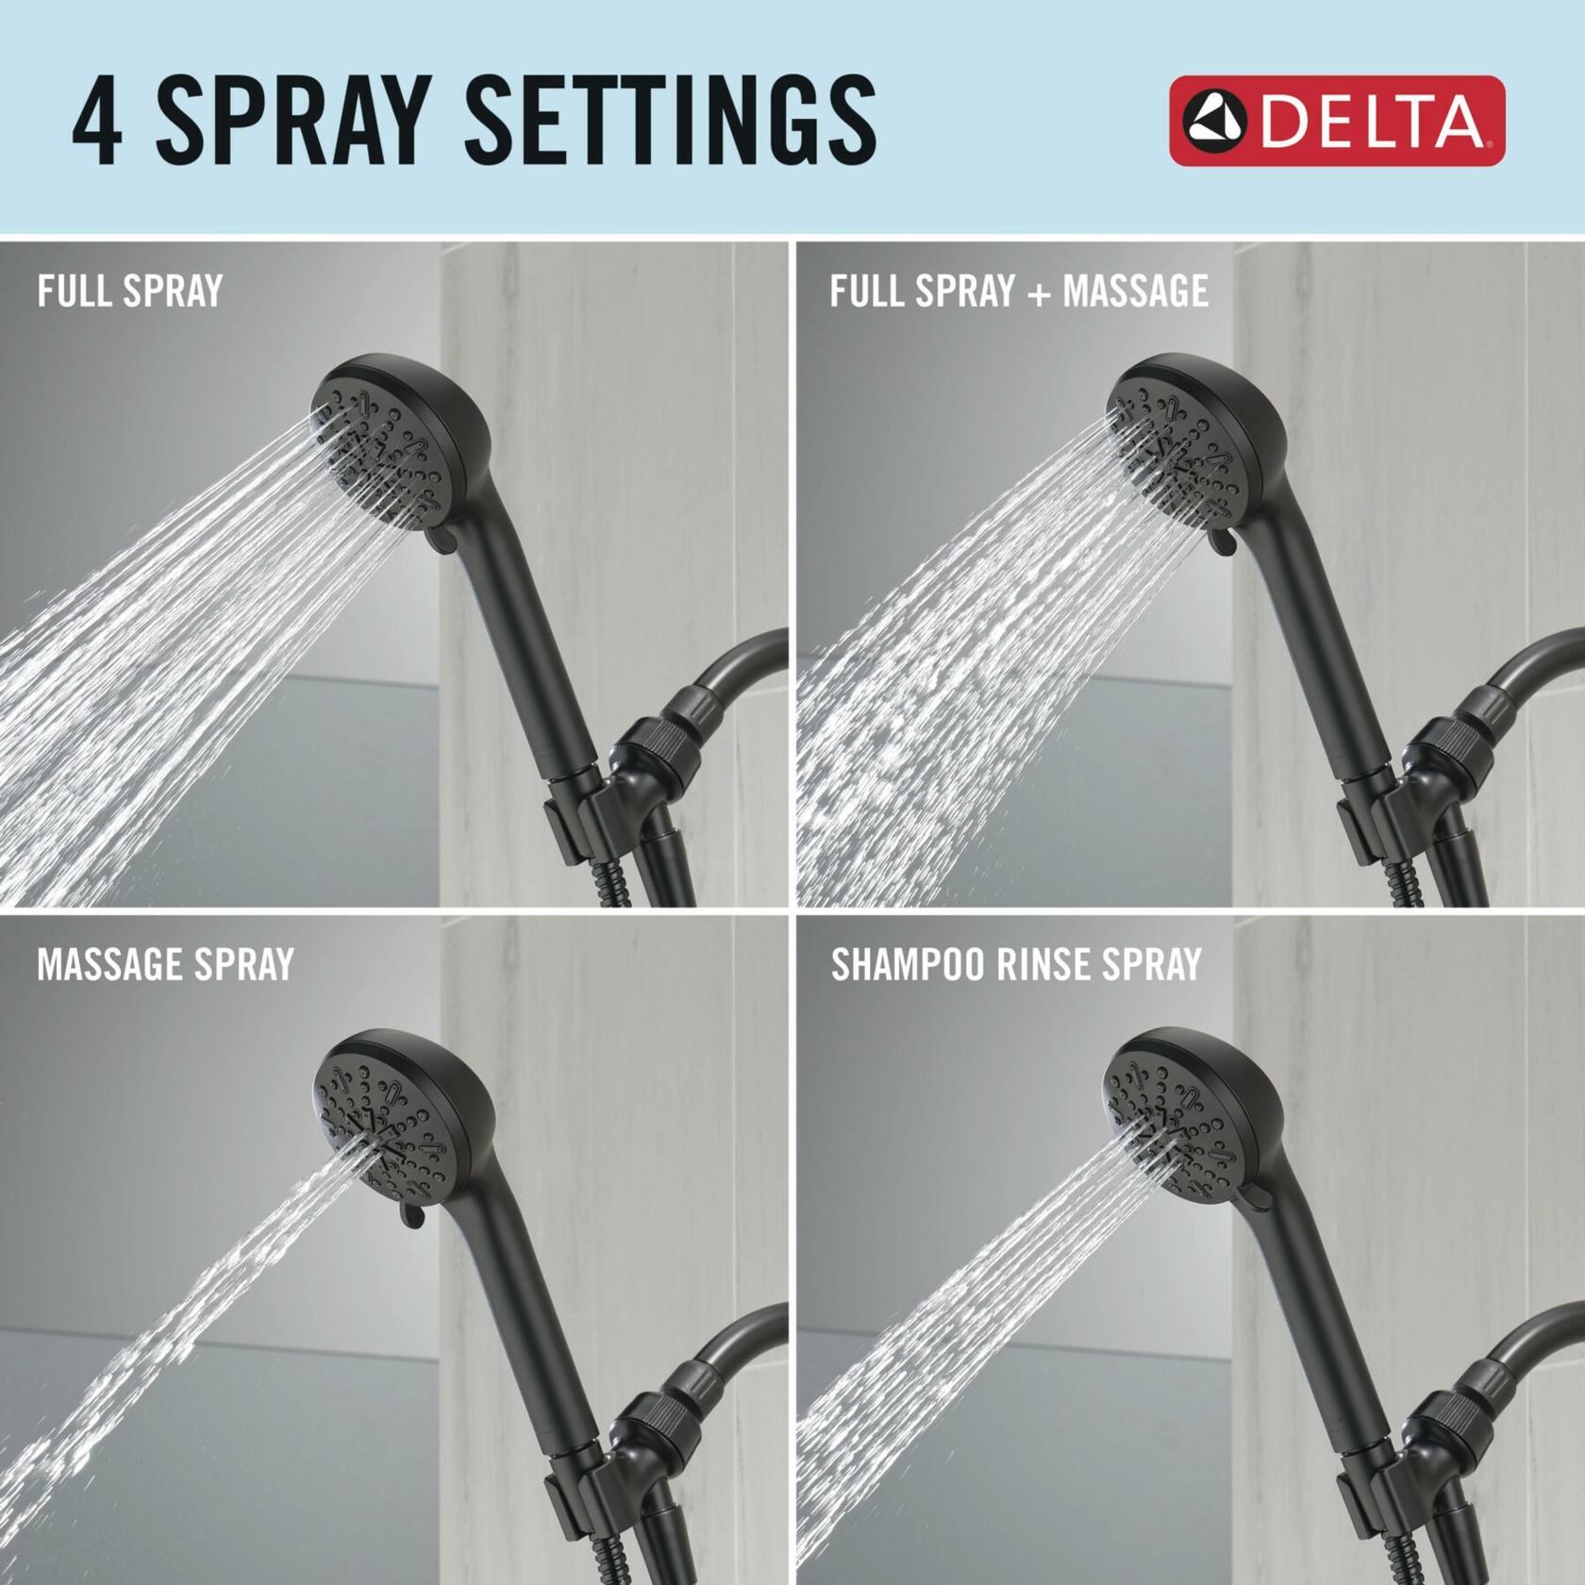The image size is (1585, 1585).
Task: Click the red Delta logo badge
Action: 1337,122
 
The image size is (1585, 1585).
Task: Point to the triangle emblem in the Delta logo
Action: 1217,123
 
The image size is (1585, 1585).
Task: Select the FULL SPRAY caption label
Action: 129,291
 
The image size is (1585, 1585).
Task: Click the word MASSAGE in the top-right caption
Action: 1135,291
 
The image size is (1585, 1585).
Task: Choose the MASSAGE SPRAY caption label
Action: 165,964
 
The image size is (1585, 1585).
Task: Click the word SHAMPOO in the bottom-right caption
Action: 913,964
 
